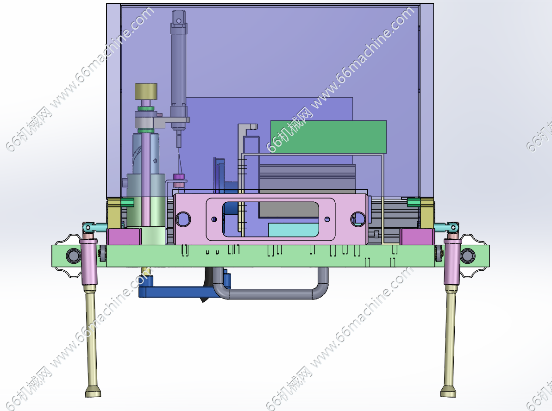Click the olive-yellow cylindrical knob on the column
coord(146,91)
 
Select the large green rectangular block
coord(328,137)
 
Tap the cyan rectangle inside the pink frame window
coord(293,230)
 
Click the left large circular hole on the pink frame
coord(183,219)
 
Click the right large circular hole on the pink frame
coord(358,219)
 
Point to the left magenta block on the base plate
coord(124,237)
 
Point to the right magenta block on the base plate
coord(417,237)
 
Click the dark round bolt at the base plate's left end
coord(73,255)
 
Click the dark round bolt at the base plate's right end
coord(468,255)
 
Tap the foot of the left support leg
coord(93,391)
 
